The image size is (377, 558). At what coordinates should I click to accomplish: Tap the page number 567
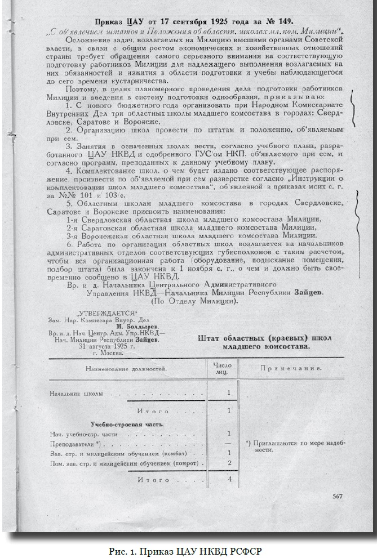click(338, 495)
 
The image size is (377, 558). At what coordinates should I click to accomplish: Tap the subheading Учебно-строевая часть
click(117, 423)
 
